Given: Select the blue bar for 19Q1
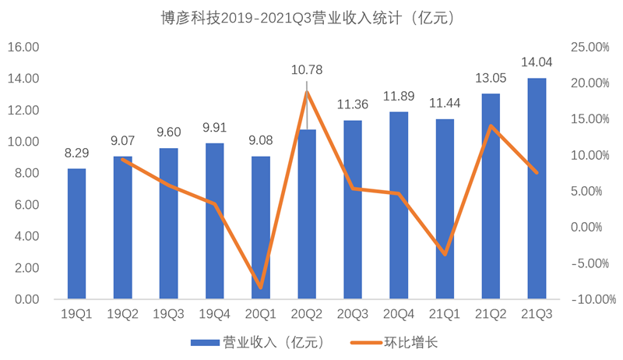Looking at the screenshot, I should (76, 234).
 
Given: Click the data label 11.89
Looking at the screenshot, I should (399, 97).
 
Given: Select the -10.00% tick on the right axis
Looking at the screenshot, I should (588, 299).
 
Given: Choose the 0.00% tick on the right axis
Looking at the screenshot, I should (591, 227).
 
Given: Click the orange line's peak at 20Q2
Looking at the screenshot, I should (307, 92).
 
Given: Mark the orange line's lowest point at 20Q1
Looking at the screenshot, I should (261, 288).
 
